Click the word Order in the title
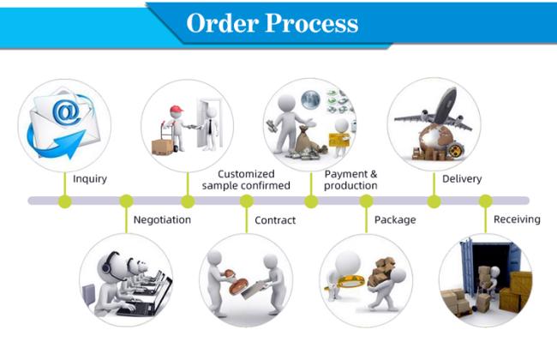223,23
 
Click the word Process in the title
312,23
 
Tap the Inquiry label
90,179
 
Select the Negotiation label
162,220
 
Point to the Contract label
275,220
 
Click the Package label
395,220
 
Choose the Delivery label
462,179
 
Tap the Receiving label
517,219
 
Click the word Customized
246,174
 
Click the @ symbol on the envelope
67,111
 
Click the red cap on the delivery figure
176,109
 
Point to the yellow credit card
338,140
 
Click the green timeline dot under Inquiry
64,201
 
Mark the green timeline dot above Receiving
486,201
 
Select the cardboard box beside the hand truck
162,147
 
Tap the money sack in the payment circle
306,140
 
